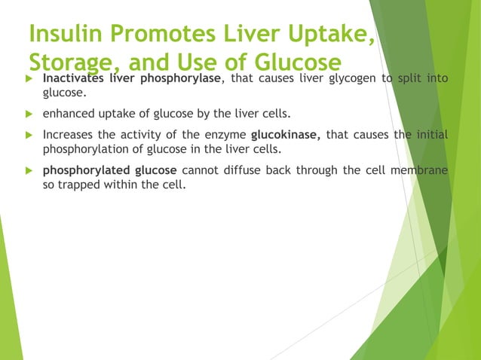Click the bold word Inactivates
(x=74, y=78)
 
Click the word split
(x=412, y=78)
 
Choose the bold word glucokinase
(x=286, y=135)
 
